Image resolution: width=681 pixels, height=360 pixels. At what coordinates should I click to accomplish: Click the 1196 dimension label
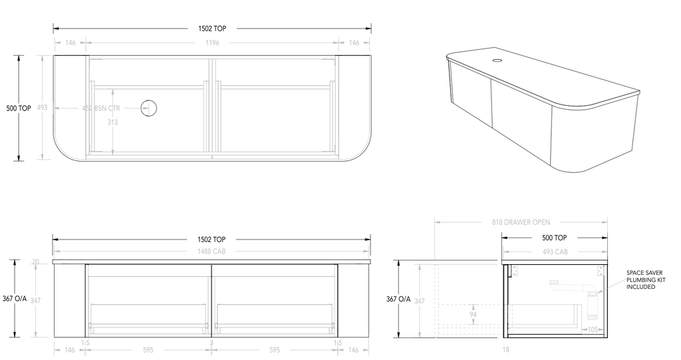coord(212,43)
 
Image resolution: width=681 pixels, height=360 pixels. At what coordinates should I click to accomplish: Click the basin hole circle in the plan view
coord(148,107)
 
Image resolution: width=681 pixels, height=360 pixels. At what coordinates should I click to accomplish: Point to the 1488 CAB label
coord(212,251)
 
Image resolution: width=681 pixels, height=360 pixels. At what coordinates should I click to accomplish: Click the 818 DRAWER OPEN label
coord(521,222)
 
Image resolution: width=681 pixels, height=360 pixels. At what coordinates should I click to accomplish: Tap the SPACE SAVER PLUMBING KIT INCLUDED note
coord(645,279)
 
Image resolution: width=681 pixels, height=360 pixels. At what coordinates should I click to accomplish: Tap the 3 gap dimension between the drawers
coord(211,343)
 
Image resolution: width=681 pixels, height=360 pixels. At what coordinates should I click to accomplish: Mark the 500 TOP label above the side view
coord(555,238)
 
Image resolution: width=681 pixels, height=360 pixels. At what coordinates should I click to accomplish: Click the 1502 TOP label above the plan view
coord(212,29)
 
